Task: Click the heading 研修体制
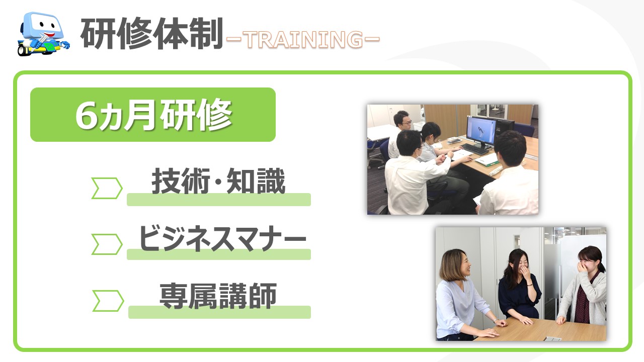pyautogui.click(x=152, y=34)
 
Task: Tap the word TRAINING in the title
pyautogui.click(x=303, y=39)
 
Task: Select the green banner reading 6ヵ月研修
pyautogui.click(x=153, y=114)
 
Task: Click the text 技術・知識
pyautogui.click(x=218, y=181)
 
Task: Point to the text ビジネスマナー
pyautogui.click(x=222, y=238)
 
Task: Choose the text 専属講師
pyautogui.click(x=218, y=296)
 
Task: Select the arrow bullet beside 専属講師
pyautogui.click(x=108, y=301)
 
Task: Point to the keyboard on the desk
pyautogui.click(x=474, y=149)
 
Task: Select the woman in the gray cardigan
pyautogui.click(x=584, y=287)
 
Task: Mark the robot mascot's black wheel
pyautogui.click(x=23, y=50)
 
